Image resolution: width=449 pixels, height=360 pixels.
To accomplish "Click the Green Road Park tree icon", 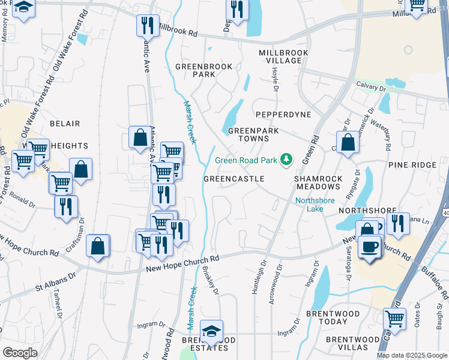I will coord(287,160).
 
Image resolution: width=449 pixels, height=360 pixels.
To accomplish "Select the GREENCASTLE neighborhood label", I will coord(234,179).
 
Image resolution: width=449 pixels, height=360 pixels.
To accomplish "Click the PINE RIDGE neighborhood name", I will coord(411,164).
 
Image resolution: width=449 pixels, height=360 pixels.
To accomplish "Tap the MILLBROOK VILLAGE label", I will coord(283,57).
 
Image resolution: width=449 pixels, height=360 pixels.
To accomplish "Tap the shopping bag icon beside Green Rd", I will coord(348,143).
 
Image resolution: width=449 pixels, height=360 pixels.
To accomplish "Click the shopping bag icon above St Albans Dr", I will coord(98,246).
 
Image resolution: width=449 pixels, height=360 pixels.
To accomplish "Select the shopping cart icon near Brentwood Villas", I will coord(394,318).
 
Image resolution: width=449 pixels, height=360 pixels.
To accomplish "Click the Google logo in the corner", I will coord(19,352).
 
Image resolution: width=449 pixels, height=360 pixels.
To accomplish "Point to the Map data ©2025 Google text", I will coord(411,355).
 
